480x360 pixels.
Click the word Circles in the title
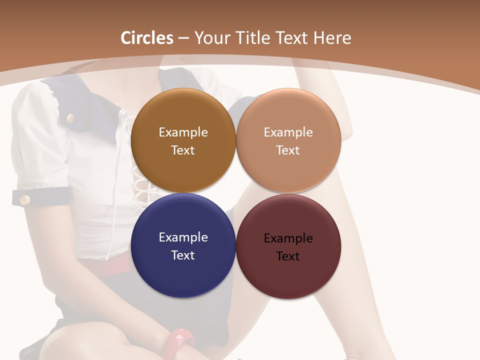pyautogui.click(x=146, y=38)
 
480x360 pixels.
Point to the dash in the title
pyautogui.click(x=183, y=38)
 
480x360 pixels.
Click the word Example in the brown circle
pyautogui.click(x=183, y=132)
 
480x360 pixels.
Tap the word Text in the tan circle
pyautogui.click(x=288, y=150)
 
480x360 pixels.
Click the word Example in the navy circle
pyautogui.click(x=183, y=237)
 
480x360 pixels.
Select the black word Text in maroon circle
pyautogui.click(x=288, y=256)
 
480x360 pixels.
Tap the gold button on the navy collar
pyautogui.click(x=70, y=118)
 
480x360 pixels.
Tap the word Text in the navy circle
pyautogui.click(x=183, y=255)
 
